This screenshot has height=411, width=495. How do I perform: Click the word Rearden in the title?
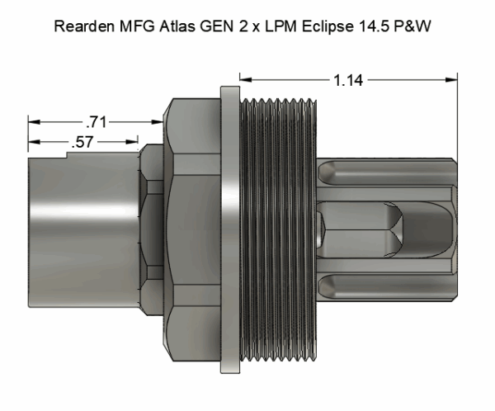point(81,26)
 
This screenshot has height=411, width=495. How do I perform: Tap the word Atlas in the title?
point(170,26)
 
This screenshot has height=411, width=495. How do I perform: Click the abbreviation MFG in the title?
point(130,26)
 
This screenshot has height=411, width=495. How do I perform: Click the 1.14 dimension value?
point(348,80)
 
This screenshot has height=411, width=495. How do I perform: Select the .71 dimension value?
point(97,122)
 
